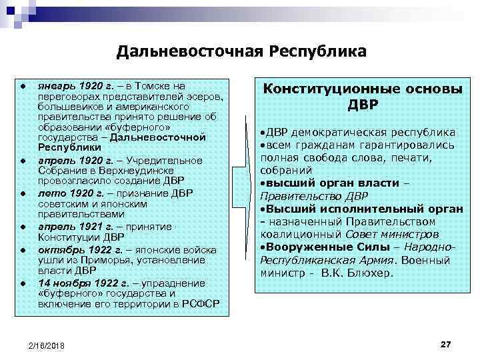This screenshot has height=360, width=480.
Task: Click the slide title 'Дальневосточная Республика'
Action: pyautogui.click(x=241, y=51)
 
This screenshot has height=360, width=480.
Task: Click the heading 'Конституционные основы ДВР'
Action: pyautogui.click(x=363, y=97)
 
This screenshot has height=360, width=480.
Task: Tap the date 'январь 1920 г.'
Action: pyautogui.click(x=69, y=86)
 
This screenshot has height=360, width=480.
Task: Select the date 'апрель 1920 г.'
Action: pyautogui.click(x=69, y=161)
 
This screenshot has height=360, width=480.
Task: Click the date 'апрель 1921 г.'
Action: pyautogui.click(x=69, y=226)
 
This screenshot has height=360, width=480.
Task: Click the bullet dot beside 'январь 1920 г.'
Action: pyautogui.click(x=23, y=87)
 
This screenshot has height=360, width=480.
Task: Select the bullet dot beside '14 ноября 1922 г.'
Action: pyautogui.click(x=23, y=283)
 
